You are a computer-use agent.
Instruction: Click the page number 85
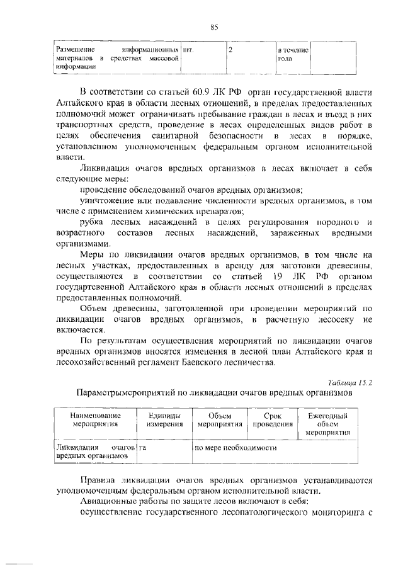click(x=213, y=26)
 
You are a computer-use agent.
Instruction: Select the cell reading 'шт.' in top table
click(x=188, y=48)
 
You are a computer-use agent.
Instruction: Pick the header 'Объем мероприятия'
click(x=220, y=420)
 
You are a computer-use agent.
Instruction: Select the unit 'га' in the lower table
click(x=144, y=447)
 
